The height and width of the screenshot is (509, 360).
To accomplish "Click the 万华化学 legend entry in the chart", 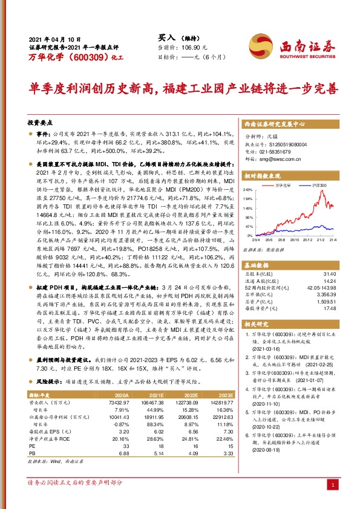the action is [283, 185].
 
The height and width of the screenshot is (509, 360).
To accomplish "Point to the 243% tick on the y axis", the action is [248, 190].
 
